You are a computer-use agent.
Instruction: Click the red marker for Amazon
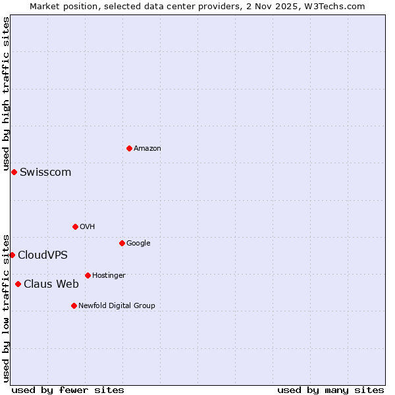[129, 148]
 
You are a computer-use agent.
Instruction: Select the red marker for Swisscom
[14, 172]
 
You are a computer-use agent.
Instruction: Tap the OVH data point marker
[75, 226]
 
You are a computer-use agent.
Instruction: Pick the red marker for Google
[122, 243]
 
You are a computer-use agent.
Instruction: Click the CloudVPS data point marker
[12, 255]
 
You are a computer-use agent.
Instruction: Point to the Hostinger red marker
[88, 275]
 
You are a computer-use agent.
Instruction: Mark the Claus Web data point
[18, 284]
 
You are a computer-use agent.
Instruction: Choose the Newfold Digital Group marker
[74, 305]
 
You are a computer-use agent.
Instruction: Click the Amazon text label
[147, 149]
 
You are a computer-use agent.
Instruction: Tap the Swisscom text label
[45, 172]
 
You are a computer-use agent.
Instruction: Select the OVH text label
[88, 227]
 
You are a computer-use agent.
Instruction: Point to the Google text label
[138, 244]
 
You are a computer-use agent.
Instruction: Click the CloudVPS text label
[43, 255]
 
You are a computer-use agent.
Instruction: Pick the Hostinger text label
[109, 276]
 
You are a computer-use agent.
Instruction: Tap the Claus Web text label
[51, 284]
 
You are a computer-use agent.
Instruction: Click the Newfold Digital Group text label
[117, 306]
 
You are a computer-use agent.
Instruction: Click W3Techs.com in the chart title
[338, 7]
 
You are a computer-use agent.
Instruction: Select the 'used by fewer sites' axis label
[68, 390]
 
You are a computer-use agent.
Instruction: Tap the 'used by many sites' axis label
[330, 390]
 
